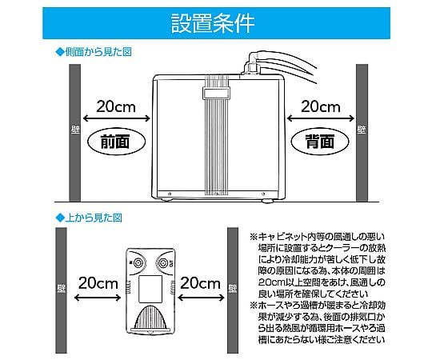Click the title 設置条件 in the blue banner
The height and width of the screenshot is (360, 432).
214,22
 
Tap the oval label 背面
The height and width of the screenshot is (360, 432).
318,141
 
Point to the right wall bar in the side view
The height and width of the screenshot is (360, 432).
362,132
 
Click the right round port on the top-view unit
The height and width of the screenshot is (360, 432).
164,262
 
